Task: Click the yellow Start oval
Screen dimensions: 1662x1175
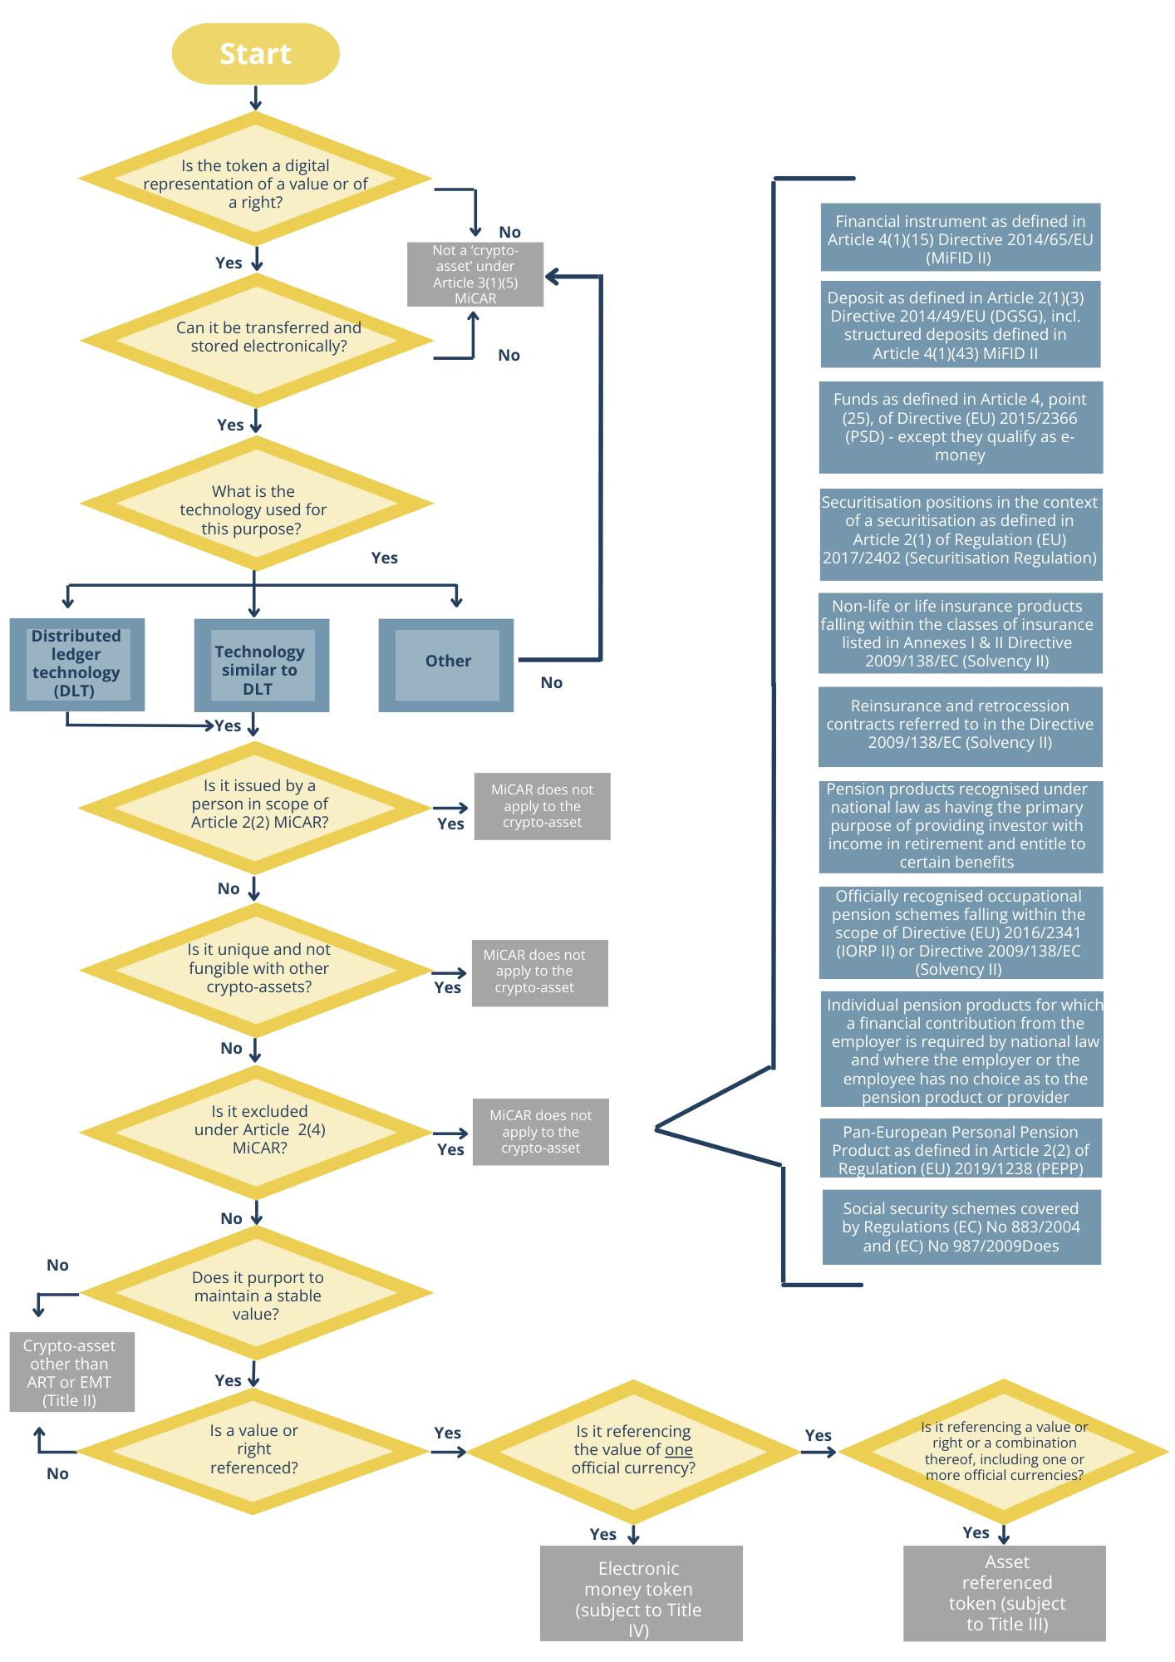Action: point(255,54)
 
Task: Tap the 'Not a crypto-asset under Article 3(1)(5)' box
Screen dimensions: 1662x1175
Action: point(474,274)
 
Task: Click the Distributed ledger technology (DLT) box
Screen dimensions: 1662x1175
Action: point(76,664)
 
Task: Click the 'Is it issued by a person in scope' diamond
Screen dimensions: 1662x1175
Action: point(256,804)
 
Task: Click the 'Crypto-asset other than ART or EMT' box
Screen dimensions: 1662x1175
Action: point(71,1371)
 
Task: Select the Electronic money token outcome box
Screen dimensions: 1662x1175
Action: point(640,1593)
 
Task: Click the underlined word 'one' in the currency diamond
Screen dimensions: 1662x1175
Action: point(678,1449)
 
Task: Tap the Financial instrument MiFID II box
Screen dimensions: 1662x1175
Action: point(960,238)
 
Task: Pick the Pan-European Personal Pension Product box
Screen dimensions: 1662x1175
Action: point(960,1149)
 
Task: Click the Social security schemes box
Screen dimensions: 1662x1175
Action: point(961,1227)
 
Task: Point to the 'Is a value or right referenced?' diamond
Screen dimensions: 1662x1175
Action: point(254,1450)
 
